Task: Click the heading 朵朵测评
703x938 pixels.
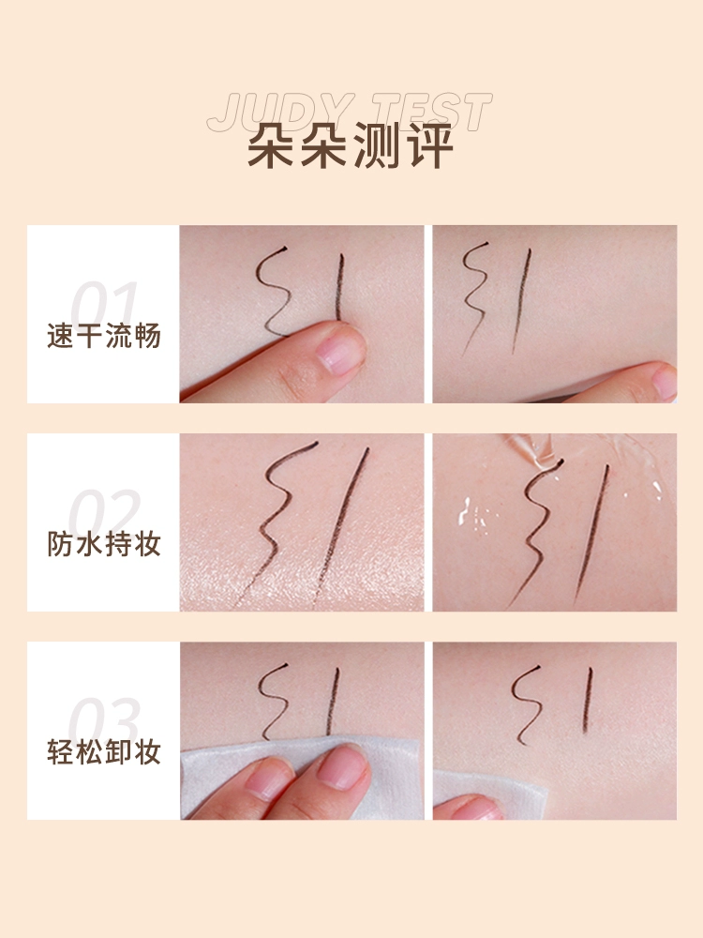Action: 351,146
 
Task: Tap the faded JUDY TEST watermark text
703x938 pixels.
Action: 350,112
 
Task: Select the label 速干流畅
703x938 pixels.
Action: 104,336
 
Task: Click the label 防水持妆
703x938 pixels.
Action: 104,544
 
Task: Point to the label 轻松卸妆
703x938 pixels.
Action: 104,752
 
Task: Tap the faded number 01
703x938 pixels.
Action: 104,304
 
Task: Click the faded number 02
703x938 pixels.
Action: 104,513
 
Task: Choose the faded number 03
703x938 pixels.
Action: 104,720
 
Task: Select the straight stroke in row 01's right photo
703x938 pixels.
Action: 521,301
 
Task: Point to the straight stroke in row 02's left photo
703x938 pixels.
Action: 341,525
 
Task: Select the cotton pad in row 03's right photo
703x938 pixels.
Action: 489,789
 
